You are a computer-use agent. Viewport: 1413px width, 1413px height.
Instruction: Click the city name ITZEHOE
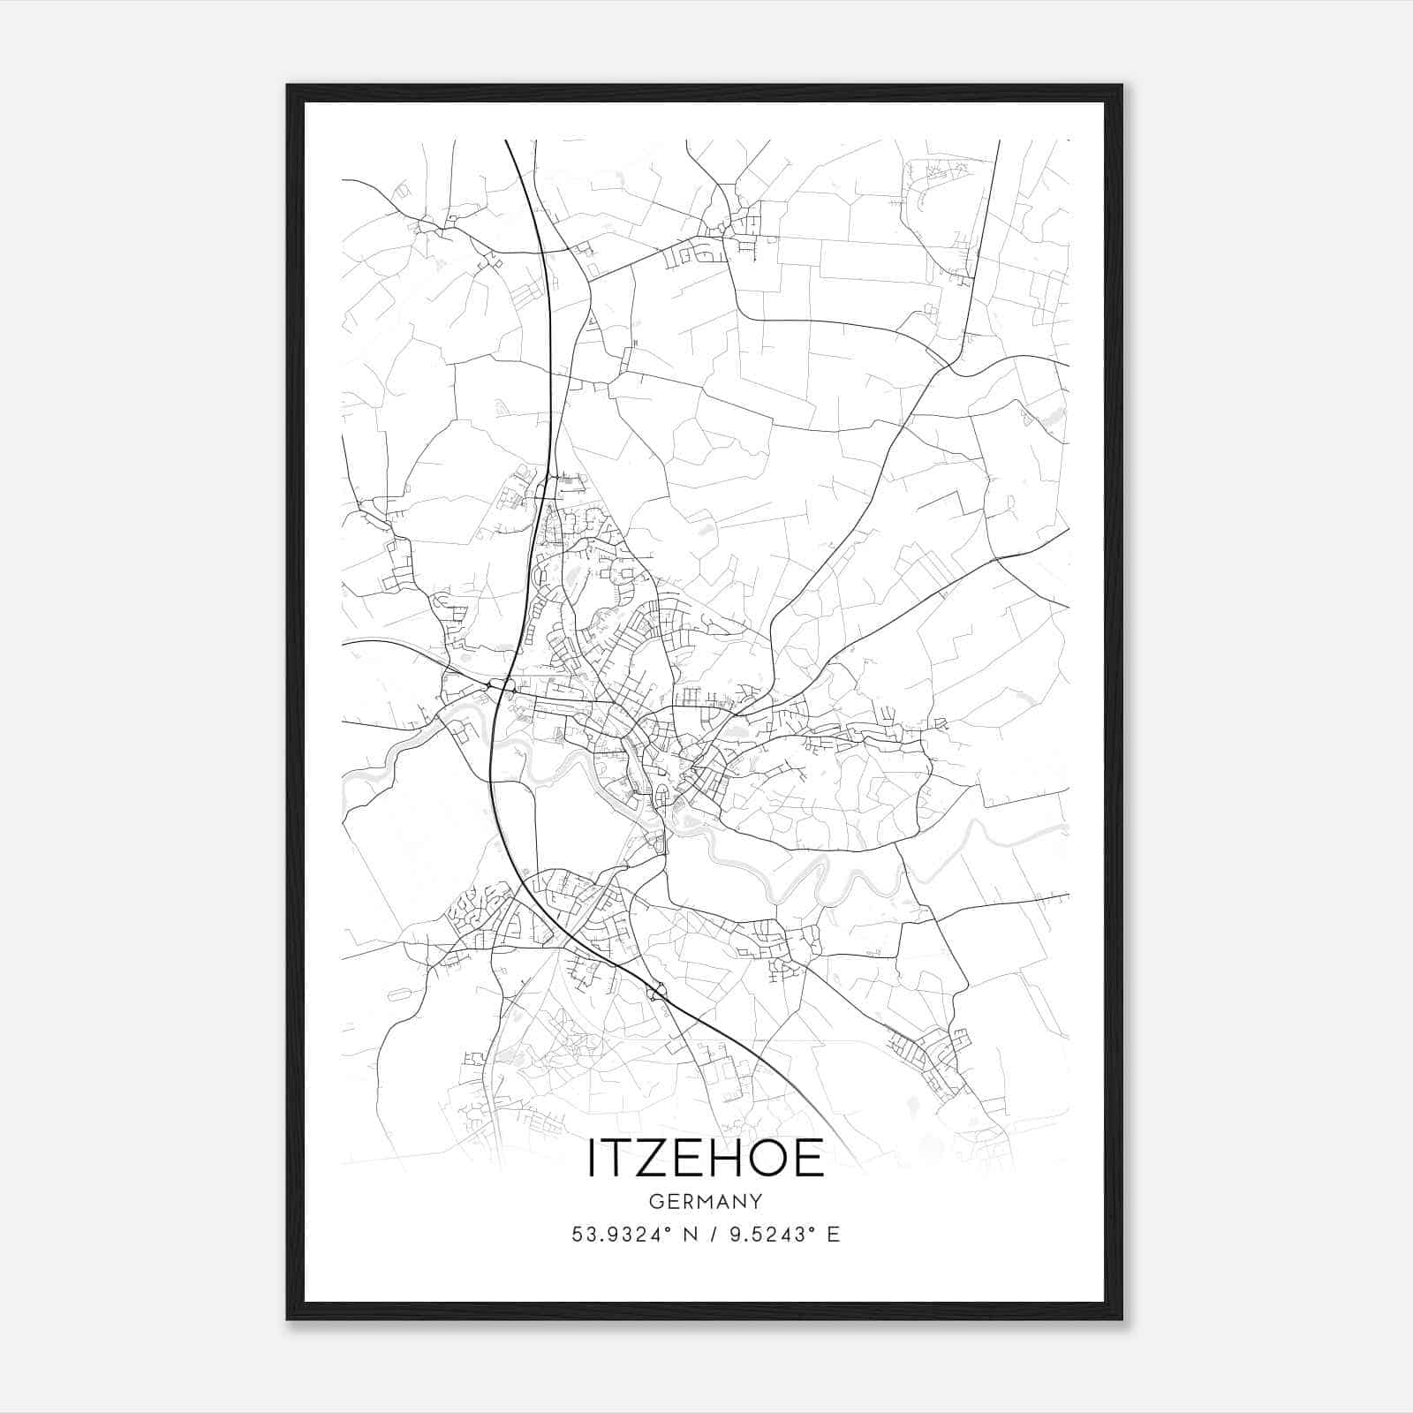[x=706, y=1158]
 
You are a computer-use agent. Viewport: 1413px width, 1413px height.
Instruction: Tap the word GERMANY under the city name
[x=706, y=1201]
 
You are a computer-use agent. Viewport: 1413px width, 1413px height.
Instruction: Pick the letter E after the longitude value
[x=833, y=1235]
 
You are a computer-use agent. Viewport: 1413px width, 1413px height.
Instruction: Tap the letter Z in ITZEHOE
[x=657, y=1158]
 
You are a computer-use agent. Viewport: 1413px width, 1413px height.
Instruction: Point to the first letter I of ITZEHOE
[x=592, y=1158]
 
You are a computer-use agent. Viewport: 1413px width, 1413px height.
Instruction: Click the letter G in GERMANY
[x=655, y=1201]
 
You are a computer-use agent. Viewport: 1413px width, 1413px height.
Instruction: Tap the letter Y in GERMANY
[x=756, y=1201]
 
